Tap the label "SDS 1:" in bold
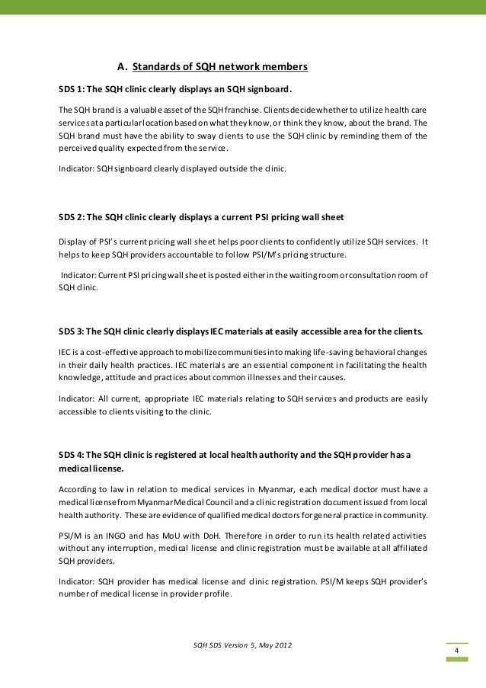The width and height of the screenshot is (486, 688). tap(72, 87)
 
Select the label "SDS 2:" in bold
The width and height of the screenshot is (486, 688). tap(72, 218)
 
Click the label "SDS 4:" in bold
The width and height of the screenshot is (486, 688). tap(72, 455)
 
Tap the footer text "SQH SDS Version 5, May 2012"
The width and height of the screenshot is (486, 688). tap(243, 646)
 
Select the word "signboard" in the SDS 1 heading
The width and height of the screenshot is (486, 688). tap(266, 87)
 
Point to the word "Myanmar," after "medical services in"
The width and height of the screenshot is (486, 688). tap(274, 488)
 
